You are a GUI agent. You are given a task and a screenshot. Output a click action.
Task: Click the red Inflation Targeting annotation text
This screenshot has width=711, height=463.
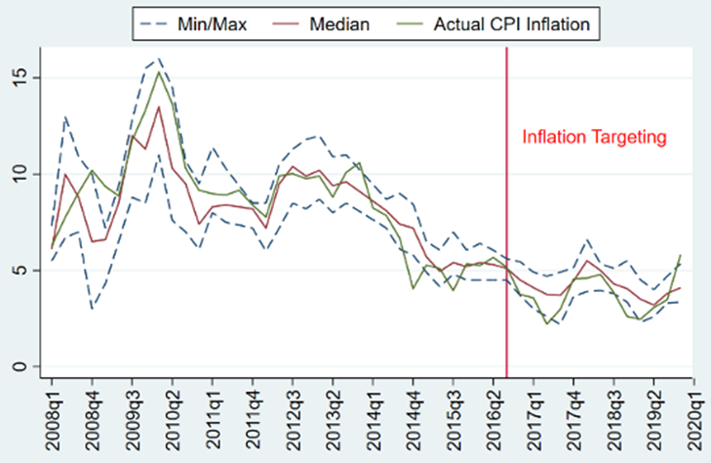(x=593, y=138)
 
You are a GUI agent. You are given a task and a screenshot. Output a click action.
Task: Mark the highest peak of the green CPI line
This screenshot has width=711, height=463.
(x=159, y=71)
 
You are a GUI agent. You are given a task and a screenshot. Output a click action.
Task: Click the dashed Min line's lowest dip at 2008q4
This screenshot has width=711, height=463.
(x=92, y=309)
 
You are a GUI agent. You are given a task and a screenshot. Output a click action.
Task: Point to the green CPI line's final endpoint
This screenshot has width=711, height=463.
(x=680, y=256)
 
